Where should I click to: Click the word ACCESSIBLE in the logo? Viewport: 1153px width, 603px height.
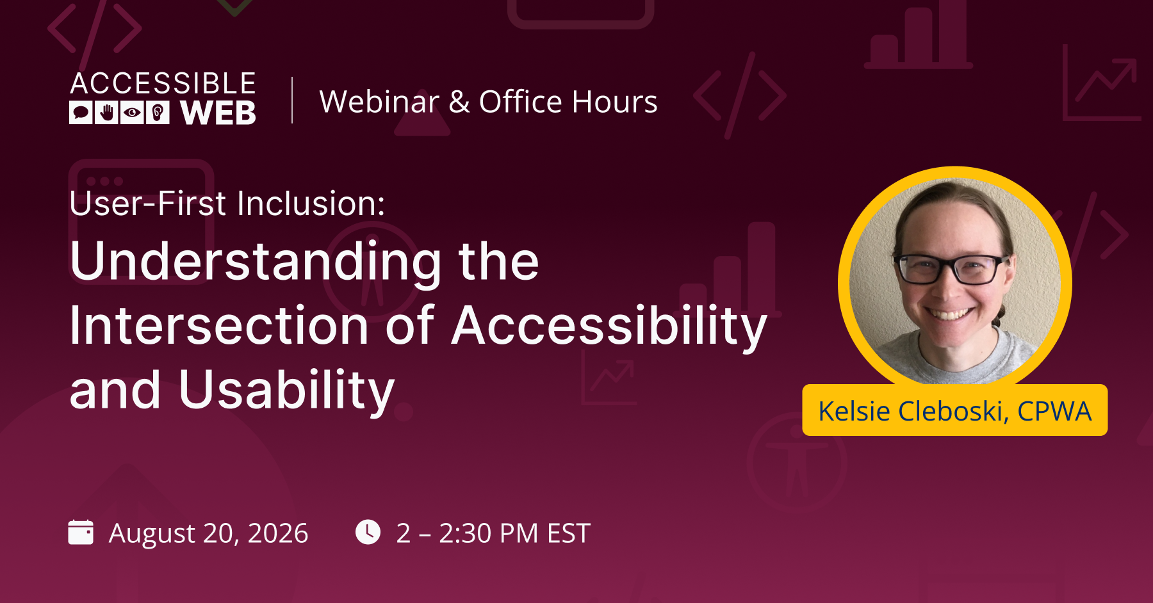(163, 84)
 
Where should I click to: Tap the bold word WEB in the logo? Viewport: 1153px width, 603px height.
(218, 113)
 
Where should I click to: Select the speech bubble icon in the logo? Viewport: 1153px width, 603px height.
(81, 113)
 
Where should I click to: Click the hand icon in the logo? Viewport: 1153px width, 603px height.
(106, 113)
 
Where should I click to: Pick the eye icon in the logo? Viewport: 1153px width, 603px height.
(132, 113)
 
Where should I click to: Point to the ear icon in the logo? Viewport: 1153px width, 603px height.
(158, 113)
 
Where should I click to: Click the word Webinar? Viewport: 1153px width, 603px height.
(379, 102)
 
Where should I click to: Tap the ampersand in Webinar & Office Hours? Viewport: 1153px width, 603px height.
(459, 102)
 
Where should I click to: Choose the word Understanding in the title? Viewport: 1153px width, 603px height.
(256, 262)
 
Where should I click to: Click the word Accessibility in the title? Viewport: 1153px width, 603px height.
(609, 327)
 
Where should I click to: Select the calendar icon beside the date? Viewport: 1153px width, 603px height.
(81, 532)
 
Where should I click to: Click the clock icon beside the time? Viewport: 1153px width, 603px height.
(368, 532)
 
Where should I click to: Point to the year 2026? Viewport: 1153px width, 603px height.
(278, 533)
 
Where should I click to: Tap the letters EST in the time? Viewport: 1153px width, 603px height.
(568, 533)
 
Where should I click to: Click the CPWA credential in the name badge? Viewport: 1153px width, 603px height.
(1054, 411)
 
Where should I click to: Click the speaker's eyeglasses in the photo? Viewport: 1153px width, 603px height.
(952, 269)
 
